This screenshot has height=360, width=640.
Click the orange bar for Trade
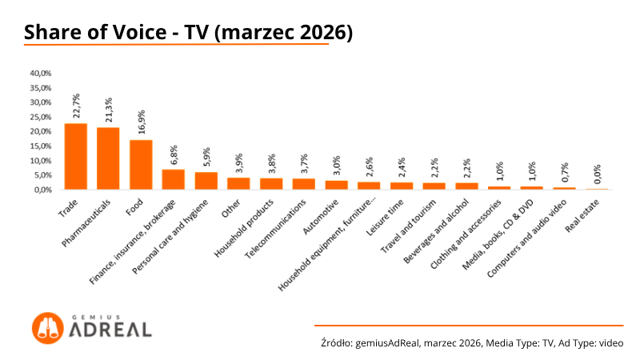coord(75,157)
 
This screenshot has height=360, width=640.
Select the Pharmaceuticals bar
coord(108,158)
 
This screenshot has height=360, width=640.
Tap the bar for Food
coord(141,165)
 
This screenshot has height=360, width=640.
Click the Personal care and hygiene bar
coord(206,181)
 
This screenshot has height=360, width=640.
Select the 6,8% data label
coord(174,154)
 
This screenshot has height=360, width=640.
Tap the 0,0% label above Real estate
coord(597,174)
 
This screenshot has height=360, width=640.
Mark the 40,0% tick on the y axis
coord(41,73)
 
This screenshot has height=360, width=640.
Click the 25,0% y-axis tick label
coord(41,117)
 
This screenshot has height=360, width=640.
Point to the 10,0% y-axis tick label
coord(41,161)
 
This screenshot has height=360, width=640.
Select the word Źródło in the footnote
coord(335,342)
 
